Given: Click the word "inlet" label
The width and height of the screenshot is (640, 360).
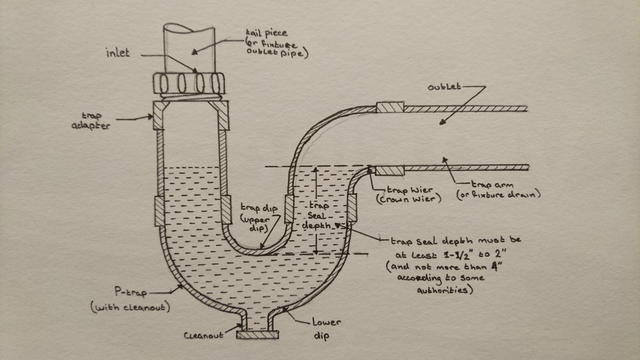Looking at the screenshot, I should coord(117,52).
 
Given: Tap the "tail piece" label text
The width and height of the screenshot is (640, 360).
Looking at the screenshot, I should coord(266,33).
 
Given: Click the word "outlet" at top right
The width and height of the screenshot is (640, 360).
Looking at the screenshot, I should coord(443,87).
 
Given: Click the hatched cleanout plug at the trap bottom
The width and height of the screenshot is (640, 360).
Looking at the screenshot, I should coord(257,334).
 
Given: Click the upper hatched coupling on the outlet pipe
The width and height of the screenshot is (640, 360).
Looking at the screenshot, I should coord(389,107).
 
